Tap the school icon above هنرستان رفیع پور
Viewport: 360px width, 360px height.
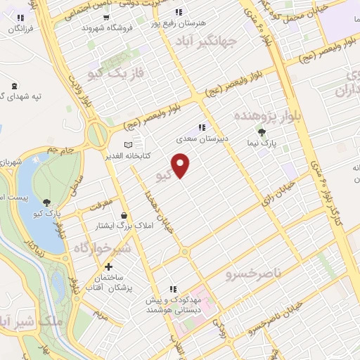[179, 12]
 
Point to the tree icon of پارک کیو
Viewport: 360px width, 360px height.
[47, 202]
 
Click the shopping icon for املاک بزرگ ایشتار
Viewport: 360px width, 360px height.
[124, 215]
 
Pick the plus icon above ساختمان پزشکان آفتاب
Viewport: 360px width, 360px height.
[108, 266]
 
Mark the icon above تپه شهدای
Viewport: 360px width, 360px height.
[15, 85]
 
